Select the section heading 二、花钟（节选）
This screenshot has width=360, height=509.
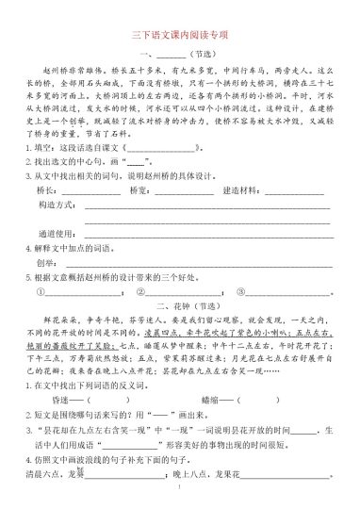[x=180, y=306]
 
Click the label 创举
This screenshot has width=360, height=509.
[x=45, y=263]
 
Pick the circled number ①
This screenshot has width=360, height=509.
[x=40, y=291]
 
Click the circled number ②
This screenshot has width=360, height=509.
[x=140, y=291]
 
